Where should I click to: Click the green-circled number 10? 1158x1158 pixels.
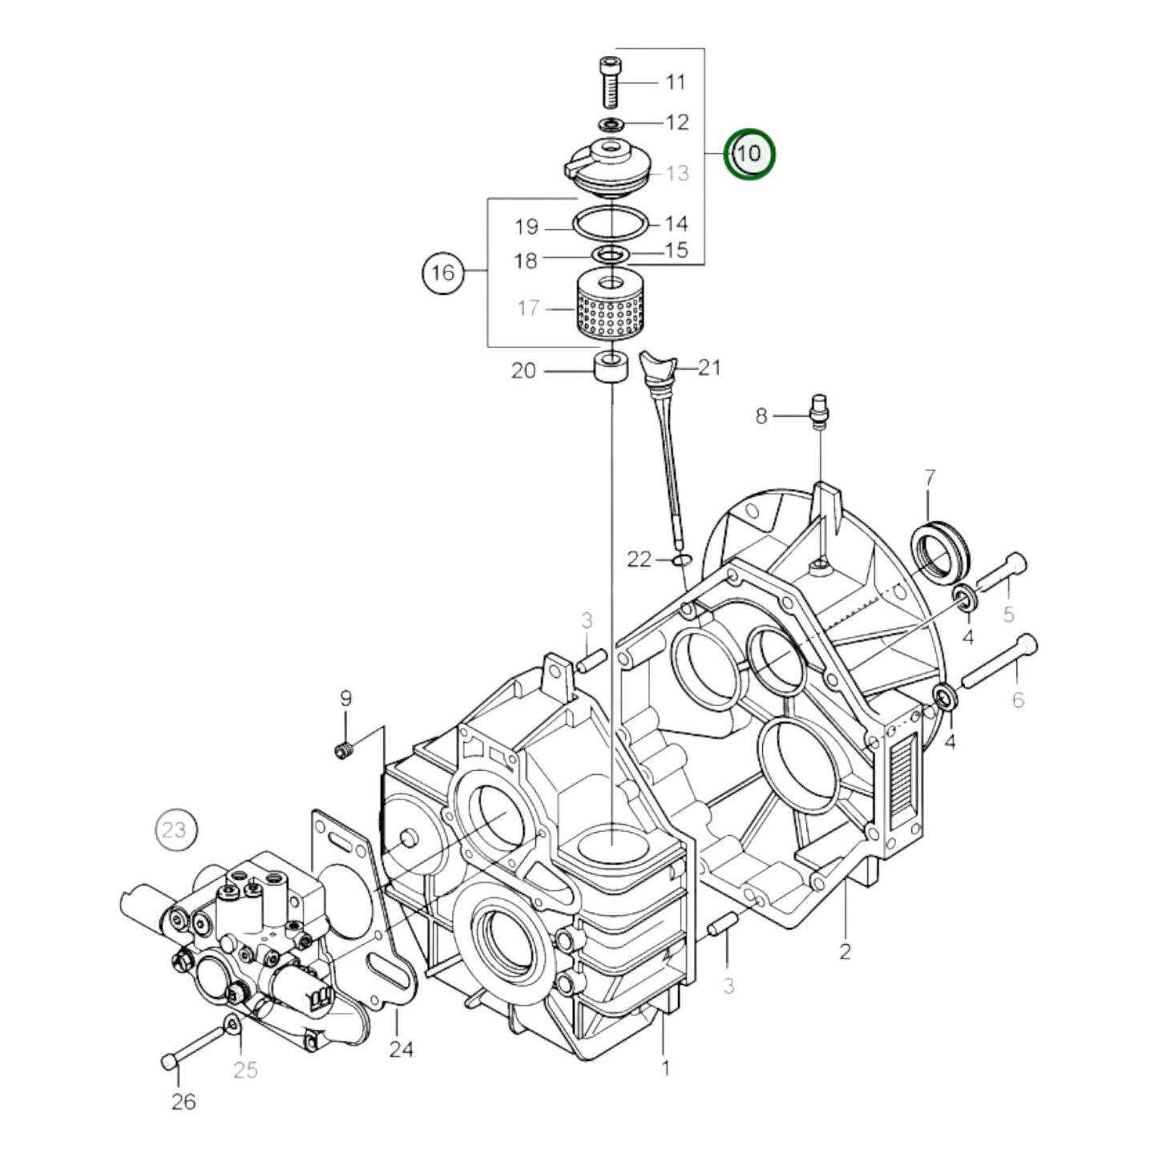point(749,154)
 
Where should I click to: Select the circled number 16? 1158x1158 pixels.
point(443,272)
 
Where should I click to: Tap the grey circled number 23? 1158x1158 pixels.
point(176,830)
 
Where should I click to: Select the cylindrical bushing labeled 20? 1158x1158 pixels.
point(611,371)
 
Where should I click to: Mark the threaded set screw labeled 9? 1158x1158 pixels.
point(344,751)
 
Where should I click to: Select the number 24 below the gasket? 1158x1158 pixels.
point(401,1048)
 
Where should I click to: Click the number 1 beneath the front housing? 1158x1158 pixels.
point(665,1067)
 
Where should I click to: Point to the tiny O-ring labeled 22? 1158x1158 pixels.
point(682,559)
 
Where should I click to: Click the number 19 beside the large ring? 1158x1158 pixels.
point(527,228)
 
